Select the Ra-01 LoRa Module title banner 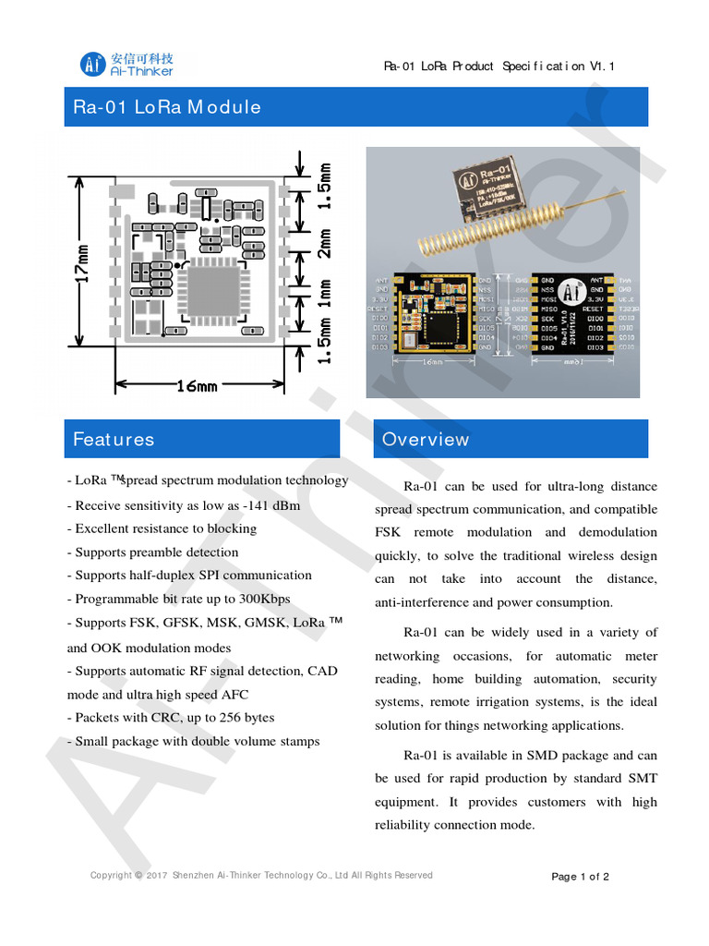[355, 106]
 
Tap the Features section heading [202, 439]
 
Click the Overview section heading [511, 439]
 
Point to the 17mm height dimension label [82, 263]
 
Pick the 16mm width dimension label [197, 385]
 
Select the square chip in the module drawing [213, 287]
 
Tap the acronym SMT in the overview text [644, 779]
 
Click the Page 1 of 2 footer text [580, 877]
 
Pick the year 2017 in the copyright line [156, 876]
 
